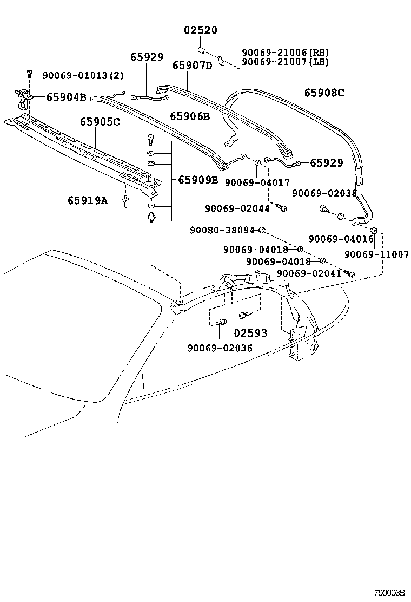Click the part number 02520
[200, 30]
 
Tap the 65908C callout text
[323, 93]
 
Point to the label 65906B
[190, 116]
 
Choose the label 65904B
[66, 97]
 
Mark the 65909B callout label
[198, 180]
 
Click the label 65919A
[88, 201]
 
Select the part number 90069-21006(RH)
[285, 53]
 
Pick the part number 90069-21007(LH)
[285, 62]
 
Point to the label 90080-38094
[222, 230]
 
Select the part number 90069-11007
[376, 254]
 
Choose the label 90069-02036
[220, 348]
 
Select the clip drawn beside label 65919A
[126, 202]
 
